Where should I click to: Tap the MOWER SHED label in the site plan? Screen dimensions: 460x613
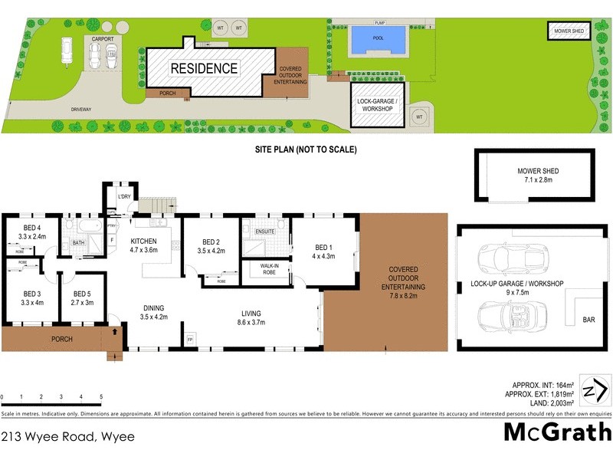(x=569, y=31)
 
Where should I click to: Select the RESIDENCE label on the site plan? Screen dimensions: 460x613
(x=204, y=68)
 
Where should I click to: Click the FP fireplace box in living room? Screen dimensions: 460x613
(x=190, y=337)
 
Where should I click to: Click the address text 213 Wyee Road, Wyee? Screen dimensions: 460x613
(x=67, y=437)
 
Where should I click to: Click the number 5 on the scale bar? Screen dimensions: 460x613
(x=101, y=396)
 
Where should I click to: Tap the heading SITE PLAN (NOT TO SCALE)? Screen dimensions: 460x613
(x=306, y=150)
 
